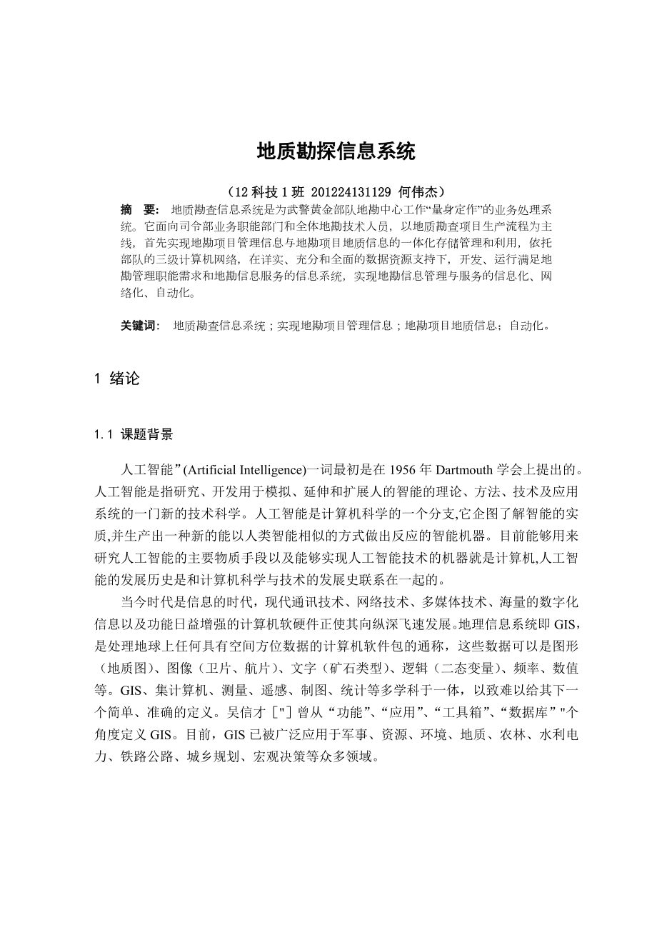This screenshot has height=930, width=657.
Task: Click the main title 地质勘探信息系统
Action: (x=336, y=151)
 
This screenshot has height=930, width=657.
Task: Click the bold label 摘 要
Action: (x=139, y=210)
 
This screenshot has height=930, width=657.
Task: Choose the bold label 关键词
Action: (x=141, y=326)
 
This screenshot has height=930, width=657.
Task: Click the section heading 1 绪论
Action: (x=117, y=379)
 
